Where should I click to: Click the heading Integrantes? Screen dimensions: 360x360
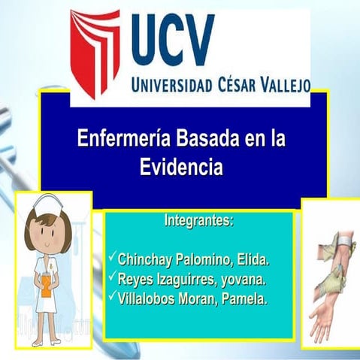tap(198, 222)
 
